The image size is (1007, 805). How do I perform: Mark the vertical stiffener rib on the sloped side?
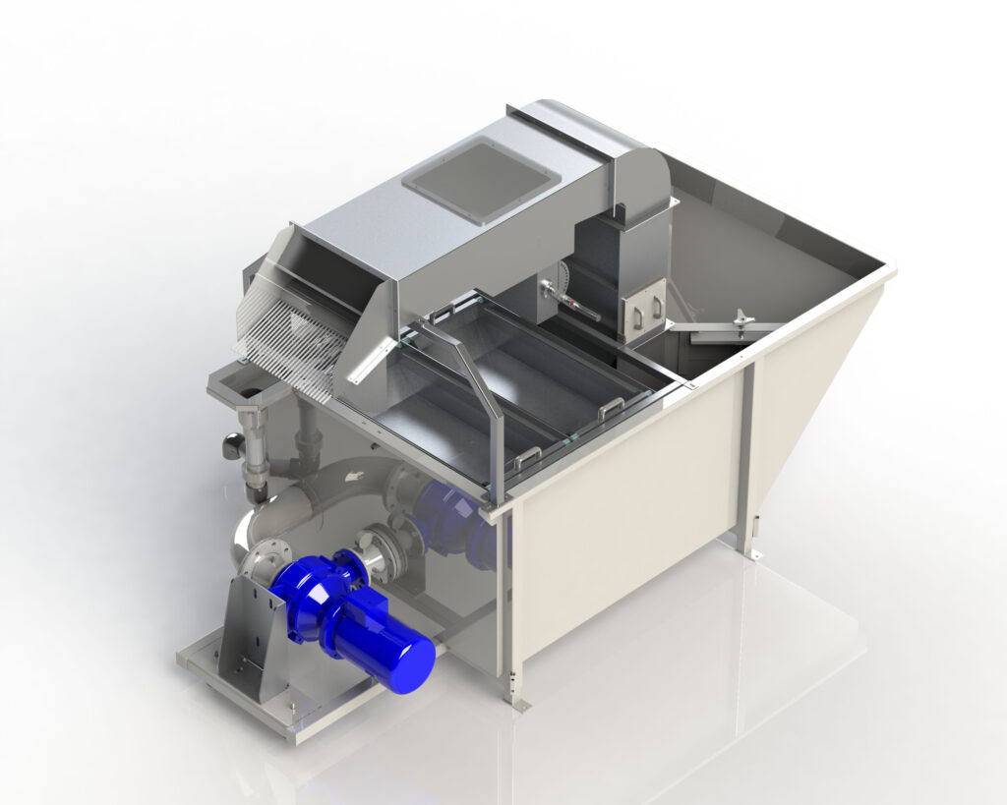point(748,452)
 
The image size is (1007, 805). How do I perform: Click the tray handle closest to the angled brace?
point(529,453)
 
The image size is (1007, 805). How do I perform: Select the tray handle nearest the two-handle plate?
point(609,404)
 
